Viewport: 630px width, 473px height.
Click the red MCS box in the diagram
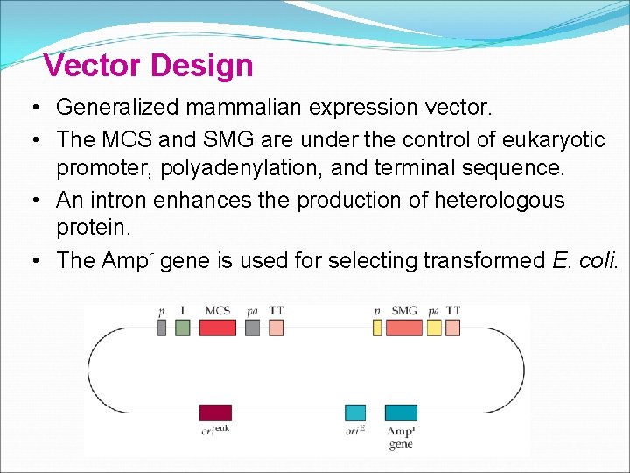click(x=218, y=328)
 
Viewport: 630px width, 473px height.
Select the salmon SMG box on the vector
click(x=403, y=328)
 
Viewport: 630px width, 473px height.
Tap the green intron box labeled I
click(x=182, y=328)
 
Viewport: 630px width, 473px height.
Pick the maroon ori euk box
click(x=215, y=413)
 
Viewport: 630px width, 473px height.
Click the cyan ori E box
click(x=355, y=413)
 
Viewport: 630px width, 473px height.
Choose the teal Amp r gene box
click(x=402, y=413)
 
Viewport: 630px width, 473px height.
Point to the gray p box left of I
click(x=162, y=328)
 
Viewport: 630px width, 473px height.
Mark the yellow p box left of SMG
click(x=377, y=328)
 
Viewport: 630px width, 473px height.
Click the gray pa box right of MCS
click(x=252, y=328)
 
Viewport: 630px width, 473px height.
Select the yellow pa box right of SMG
click(x=433, y=328)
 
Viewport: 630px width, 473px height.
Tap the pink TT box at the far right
click(x=452, y=328)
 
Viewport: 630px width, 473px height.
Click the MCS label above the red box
click(x=218, y=310)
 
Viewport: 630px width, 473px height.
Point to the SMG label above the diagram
click(x=404, y=310)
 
